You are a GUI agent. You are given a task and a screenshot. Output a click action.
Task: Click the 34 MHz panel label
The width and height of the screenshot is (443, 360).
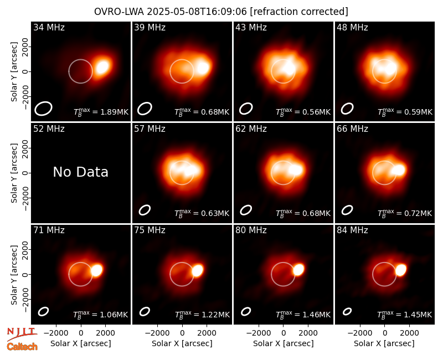click(x=49, y=27)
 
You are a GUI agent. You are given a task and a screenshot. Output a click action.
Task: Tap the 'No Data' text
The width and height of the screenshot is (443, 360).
click(x=80, y=172)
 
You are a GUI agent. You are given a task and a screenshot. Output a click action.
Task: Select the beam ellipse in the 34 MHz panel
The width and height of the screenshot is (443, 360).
click(x=44, y=109)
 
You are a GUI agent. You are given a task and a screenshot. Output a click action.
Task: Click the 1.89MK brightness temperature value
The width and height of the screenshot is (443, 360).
click(x=111, y=112)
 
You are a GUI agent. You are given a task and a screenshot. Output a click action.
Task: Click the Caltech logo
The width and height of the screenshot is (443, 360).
click(x=22, y=347)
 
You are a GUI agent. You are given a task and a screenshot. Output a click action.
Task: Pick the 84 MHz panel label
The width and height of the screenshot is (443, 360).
click(x=352, y=230)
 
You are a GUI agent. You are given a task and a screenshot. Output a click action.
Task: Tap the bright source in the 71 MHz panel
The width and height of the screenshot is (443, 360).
click(x=96, y=270)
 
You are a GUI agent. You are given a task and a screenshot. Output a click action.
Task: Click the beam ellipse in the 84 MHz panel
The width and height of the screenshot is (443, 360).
click(x=347, y=311)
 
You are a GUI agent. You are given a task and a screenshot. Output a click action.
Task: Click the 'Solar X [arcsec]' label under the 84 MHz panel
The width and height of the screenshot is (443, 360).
click(x=384, y=343)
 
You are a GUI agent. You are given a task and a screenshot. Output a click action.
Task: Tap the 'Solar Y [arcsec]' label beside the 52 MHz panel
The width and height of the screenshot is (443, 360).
click(x=14, y=173)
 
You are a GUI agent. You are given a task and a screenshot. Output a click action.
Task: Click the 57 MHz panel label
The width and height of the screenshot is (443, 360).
click(x=150, y=129)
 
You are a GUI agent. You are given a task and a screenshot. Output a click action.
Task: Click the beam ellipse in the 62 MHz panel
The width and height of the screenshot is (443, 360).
click(x=246, y=210)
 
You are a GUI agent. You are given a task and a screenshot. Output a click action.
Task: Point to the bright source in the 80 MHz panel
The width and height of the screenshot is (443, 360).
click(x=298, y=270)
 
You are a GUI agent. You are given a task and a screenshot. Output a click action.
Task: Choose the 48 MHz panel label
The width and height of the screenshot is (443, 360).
click(x=352, y=27)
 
